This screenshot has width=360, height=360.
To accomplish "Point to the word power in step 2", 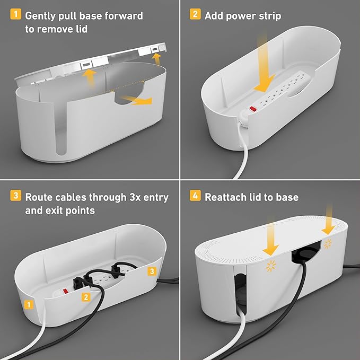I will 243,16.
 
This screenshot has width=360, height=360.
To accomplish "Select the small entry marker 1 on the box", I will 28,304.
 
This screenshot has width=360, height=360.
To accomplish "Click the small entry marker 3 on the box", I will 152,272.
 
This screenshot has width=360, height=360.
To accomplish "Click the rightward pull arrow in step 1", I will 139,99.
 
